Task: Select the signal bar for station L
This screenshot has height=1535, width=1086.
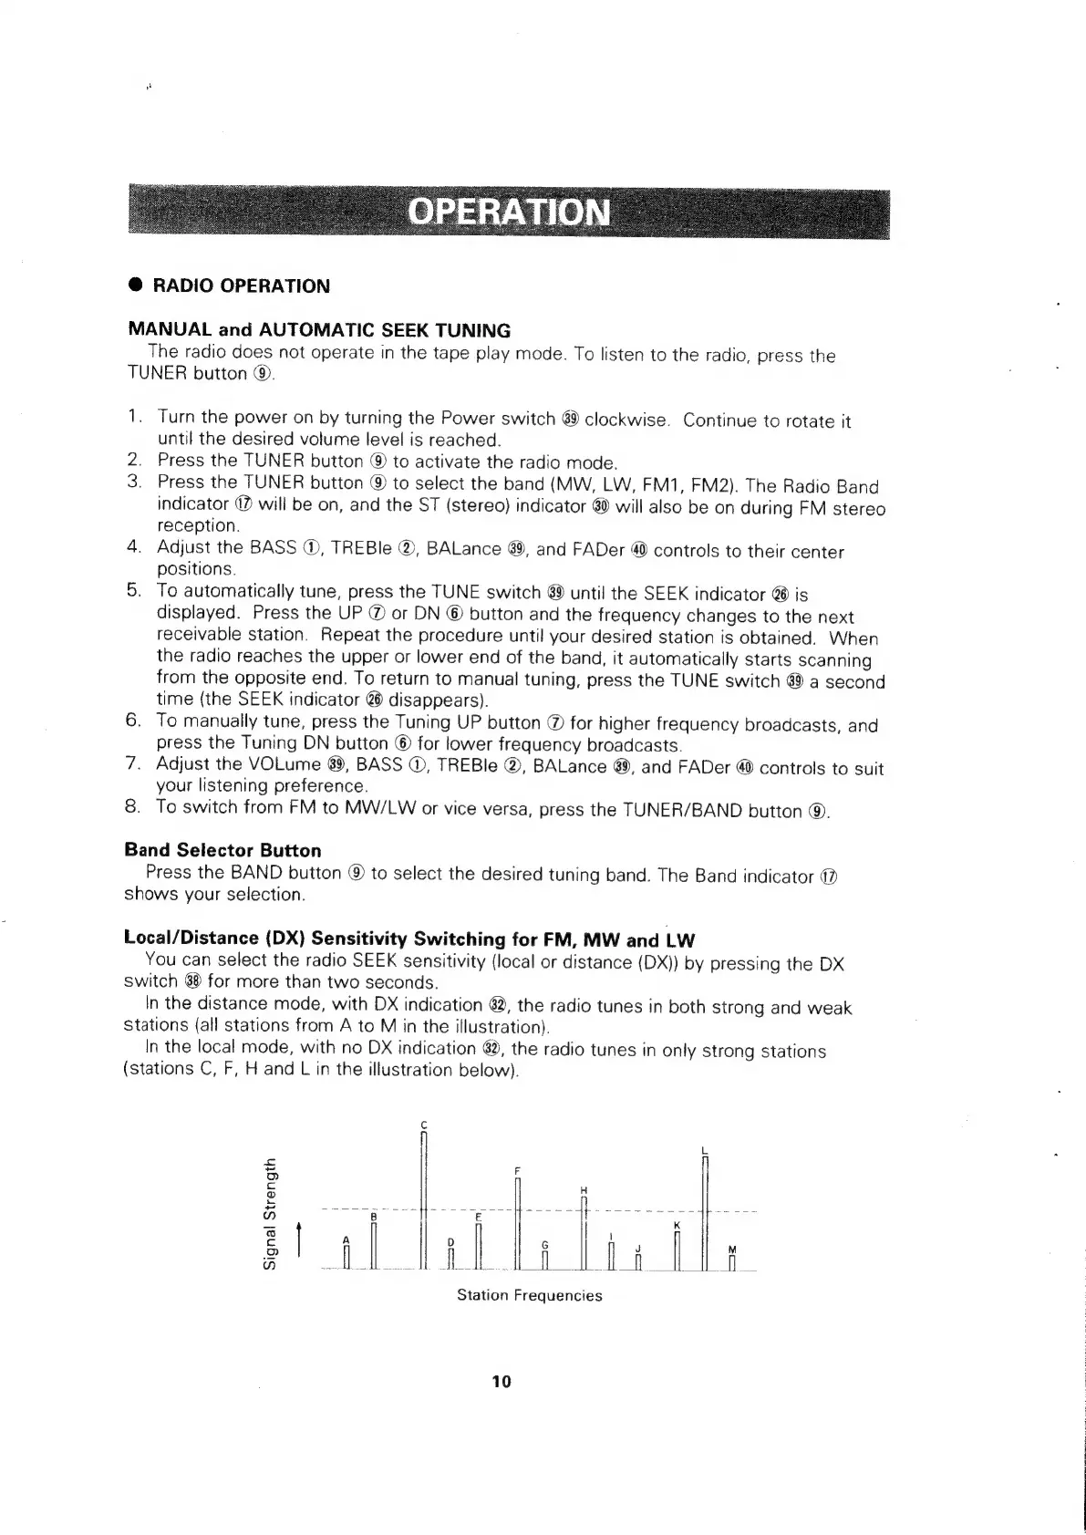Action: click(x=706, y=1213)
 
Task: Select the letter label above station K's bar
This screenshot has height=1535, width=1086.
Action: click(x=676, y=1225)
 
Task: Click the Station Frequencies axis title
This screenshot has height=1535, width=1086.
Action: click(x=529, y=1295)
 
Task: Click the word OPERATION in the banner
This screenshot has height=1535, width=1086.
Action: click(x=509, y=212)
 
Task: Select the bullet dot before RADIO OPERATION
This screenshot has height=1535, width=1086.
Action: click(x=133, y=285)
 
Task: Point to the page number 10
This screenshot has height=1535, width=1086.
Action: click(x=502, y=1382)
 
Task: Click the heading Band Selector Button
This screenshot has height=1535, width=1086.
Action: click(x=222, y=850)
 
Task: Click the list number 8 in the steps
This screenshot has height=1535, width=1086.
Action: click(x=132, y=807)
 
